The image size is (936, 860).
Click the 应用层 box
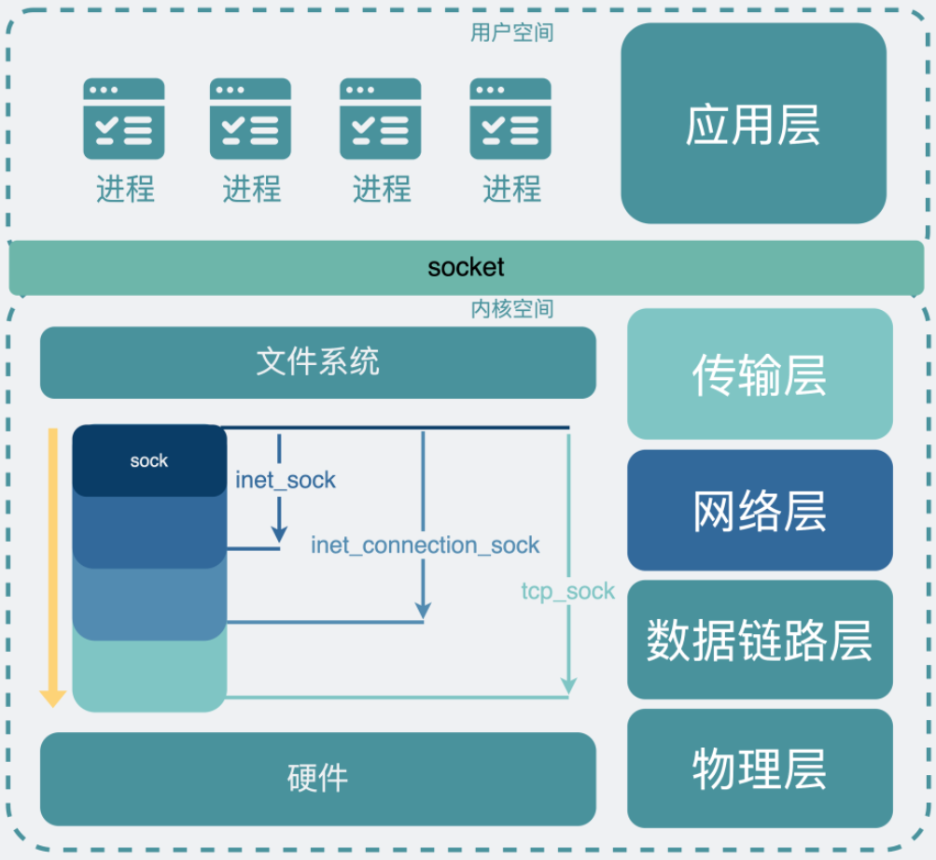point(753,123)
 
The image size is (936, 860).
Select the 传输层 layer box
point(760,374)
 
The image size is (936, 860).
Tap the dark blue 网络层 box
point(760,510)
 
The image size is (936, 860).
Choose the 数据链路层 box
point(760,640)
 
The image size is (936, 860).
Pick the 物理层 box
point(760,768)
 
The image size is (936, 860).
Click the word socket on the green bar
point(466,267)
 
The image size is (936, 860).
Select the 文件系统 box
point(317,362)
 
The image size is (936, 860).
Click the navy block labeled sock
point(149,460)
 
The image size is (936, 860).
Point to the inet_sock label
point(286,481)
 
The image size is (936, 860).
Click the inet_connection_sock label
point(426,545)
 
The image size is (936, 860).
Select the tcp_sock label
point(567,591)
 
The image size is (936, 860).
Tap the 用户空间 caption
point(511,33)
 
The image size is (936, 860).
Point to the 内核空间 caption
point(511,308)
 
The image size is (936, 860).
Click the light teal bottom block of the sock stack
point(149,677)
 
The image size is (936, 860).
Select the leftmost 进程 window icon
point(124,119)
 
